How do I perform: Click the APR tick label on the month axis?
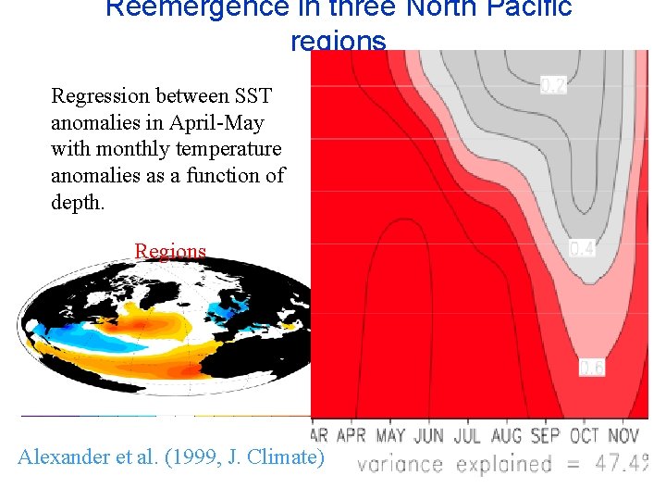351,435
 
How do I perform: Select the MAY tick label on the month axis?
390,435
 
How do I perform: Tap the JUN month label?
429,435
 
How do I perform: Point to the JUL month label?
467,435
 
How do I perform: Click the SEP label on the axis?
544,435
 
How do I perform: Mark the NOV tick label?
623,435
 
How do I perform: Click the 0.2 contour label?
553,86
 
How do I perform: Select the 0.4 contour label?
582,249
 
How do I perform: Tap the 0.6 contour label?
592,368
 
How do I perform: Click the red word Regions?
170,251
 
